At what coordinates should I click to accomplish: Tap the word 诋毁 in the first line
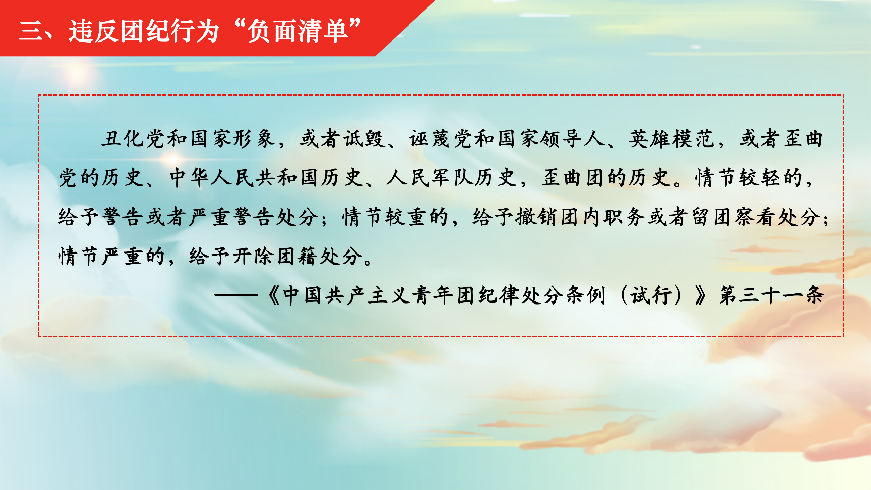pos(364,139)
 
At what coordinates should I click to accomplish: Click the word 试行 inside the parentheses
pos(651,295)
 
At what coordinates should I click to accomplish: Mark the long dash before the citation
pos(236,295)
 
